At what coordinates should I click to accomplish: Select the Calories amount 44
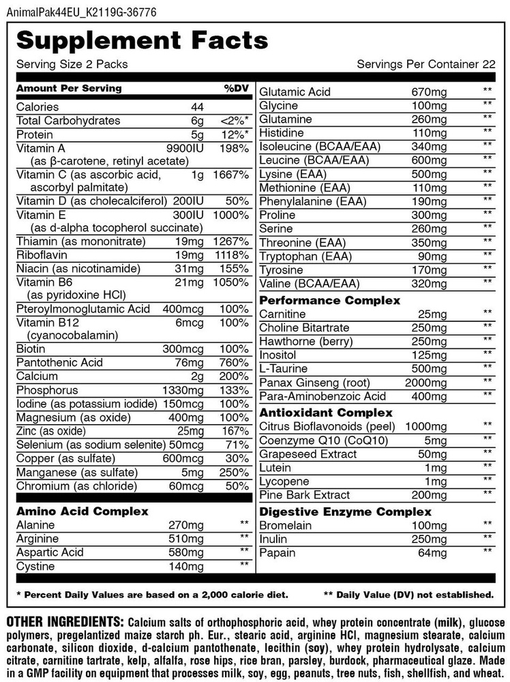[198, 106]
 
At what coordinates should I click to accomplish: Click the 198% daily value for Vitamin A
[235, 148]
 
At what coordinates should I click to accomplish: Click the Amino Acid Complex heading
[82, 511]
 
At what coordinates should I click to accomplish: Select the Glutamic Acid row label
[295, 91]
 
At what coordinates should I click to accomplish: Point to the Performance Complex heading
[329, 300]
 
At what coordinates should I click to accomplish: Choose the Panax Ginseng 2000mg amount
[426, 382]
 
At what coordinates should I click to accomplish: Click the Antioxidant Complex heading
[326, 413]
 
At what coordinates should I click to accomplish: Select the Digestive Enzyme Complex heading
[344, 511]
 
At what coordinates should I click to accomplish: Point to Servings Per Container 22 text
[425, 64]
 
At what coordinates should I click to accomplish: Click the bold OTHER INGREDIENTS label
[65, 622]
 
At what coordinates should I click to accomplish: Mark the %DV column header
[235, 88]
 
